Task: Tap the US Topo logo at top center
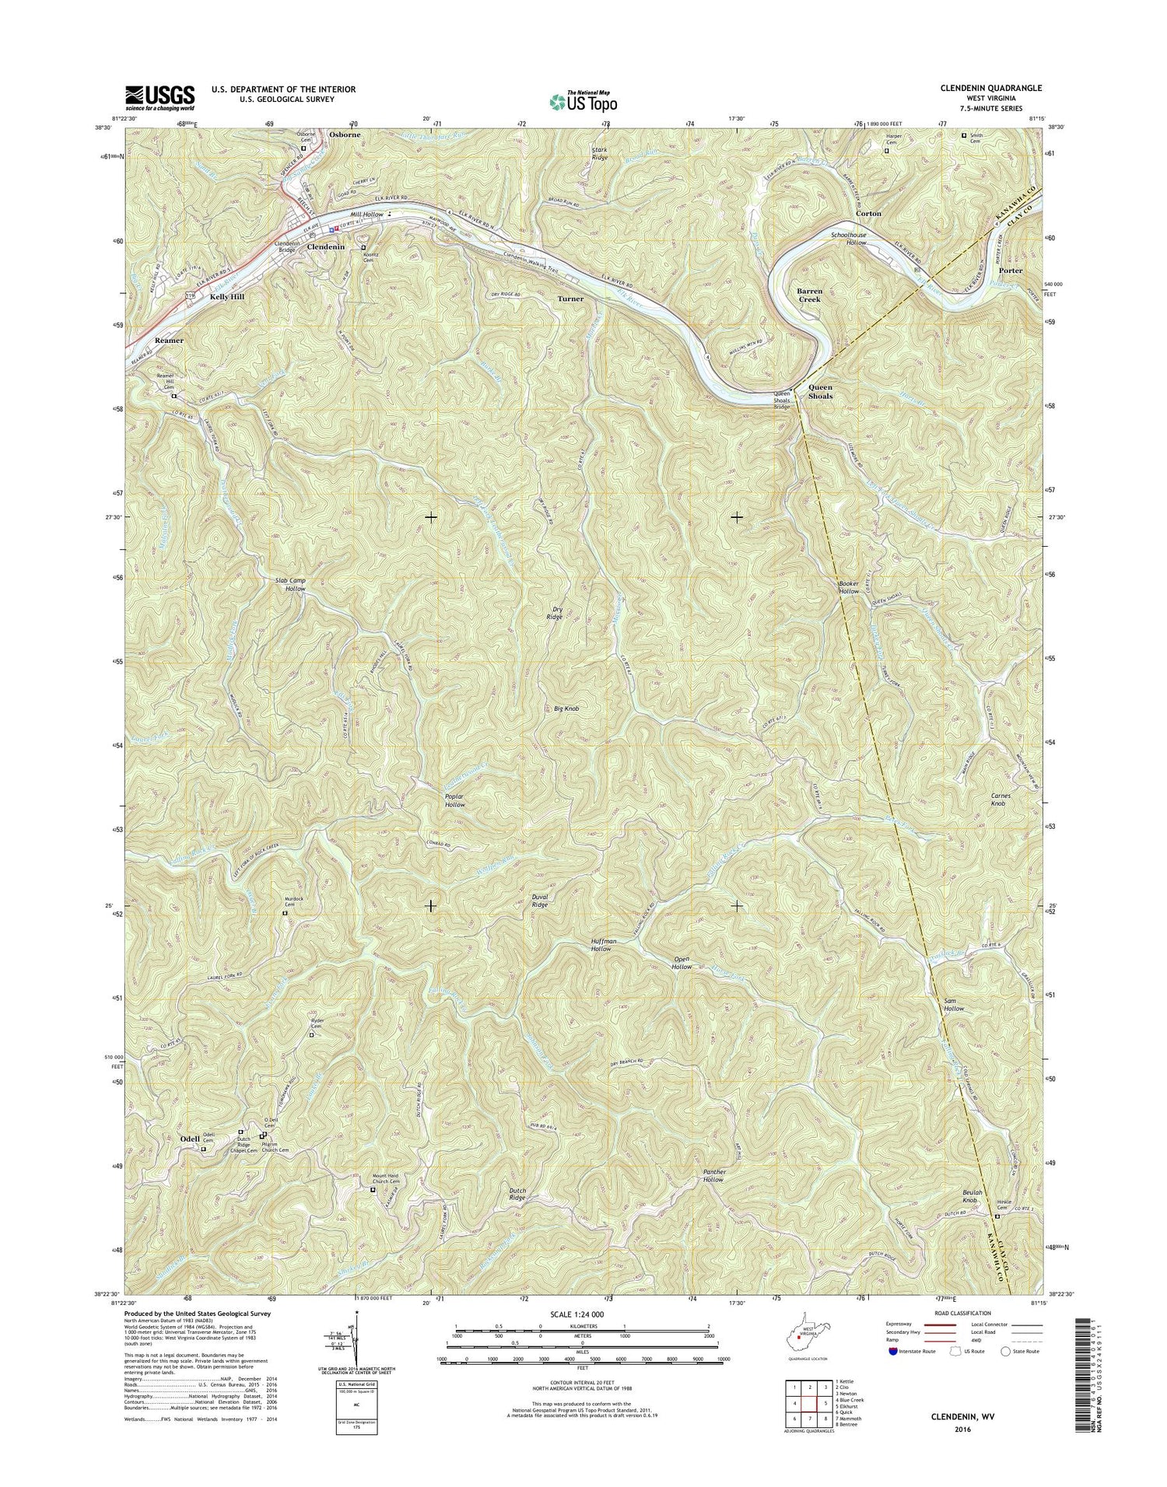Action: (583, 101)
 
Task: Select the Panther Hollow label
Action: (708, 1174)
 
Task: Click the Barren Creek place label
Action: (809, 295)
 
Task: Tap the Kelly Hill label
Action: (226, 297)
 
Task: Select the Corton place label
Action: (868, 213)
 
